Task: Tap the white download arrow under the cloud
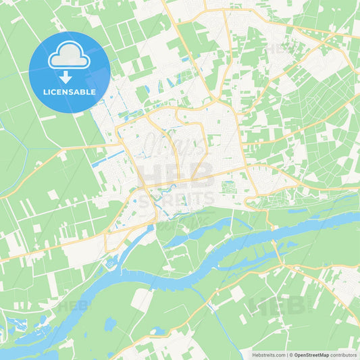click(69, 76)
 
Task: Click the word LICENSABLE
click(69, 91)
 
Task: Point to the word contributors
click(344, 354)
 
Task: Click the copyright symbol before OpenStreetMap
click(290, 354)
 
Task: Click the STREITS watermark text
click(177, 198)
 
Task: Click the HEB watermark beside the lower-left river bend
click(73, 305)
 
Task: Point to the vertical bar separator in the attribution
click(286, 354)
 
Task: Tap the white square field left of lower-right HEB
click(237, 292)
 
